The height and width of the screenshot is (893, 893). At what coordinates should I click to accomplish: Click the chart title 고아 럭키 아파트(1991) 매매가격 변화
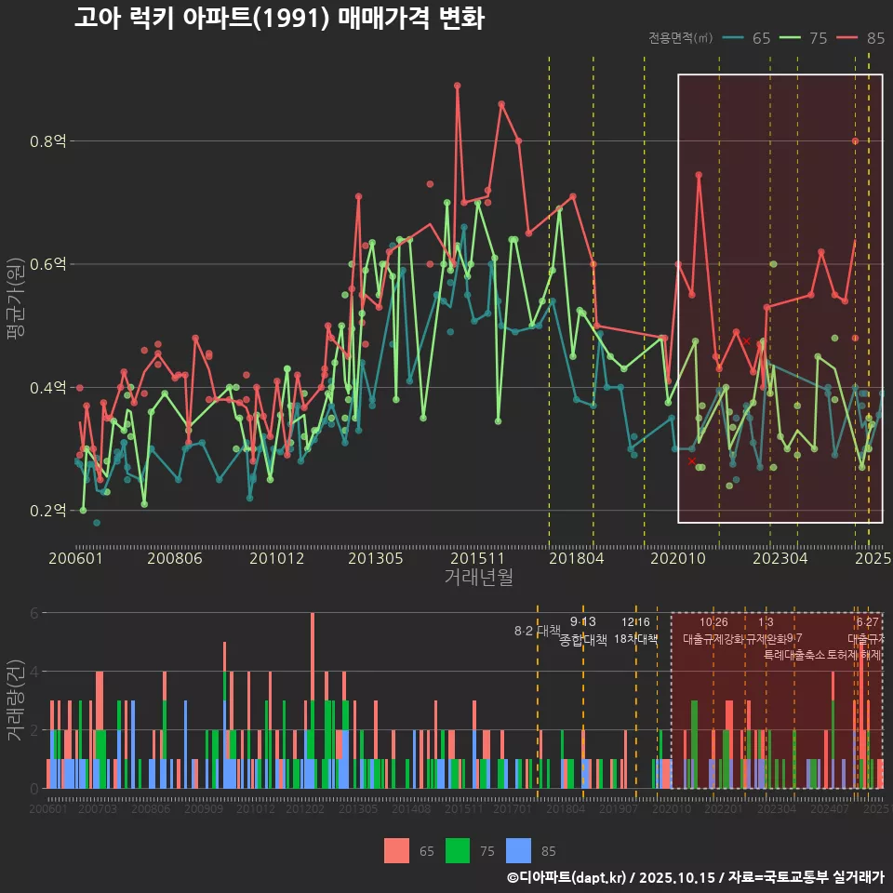tap(279, 19)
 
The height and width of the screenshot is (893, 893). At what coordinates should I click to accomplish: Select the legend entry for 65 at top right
tap(750, 38)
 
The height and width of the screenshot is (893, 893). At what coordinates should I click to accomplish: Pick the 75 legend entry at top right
tap(806, 38)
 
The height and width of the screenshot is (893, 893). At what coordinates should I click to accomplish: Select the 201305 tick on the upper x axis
tap(375, 558)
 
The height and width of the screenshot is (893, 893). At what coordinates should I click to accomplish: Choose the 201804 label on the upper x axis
tap(577, 558)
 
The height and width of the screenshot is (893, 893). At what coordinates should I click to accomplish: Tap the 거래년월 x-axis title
tap(478, 578)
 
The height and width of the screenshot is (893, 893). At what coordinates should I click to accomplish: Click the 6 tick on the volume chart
tap(33, 613)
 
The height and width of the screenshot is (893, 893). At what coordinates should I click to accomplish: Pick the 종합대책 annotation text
tap(582, 639)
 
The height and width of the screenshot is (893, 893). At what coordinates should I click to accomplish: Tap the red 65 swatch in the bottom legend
tap(397, 850)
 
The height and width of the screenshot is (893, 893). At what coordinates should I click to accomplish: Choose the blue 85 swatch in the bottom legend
tap(518, 850)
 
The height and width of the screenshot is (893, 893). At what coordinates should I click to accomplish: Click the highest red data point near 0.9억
tap(458, 86)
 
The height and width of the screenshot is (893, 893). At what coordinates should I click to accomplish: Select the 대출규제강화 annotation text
tap(713, 639)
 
